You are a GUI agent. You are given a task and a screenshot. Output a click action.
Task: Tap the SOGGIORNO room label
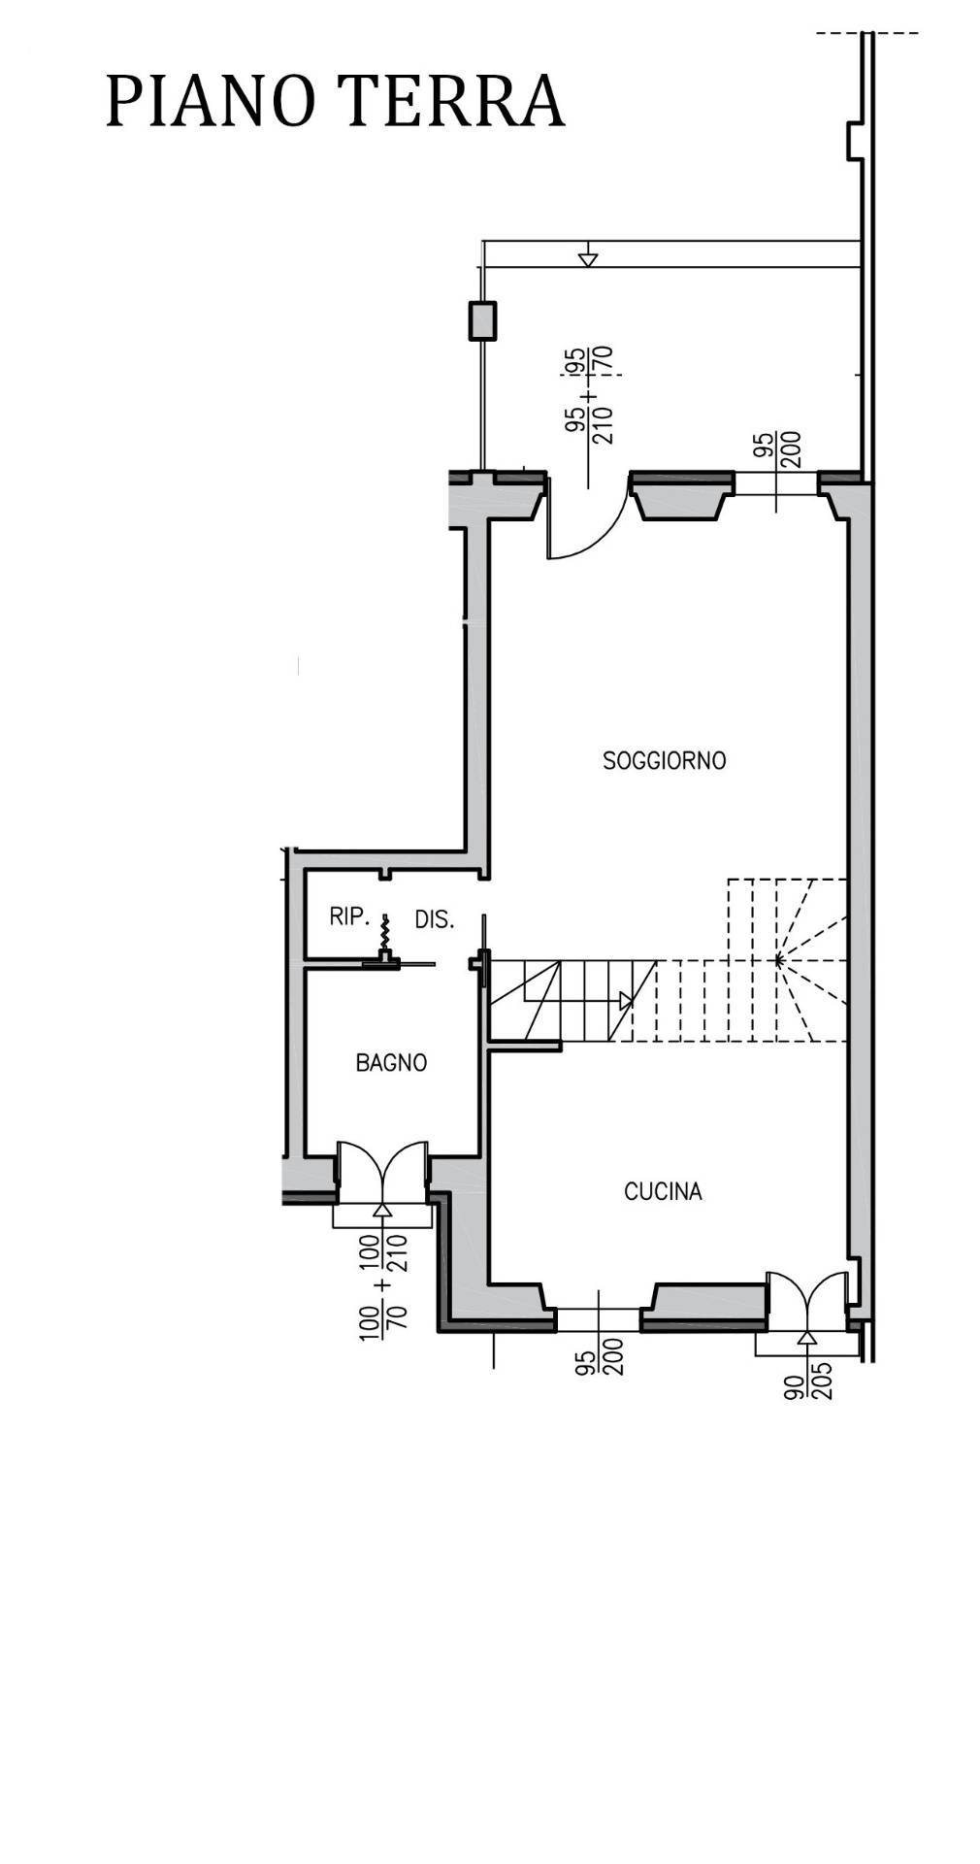pyautogui.click(x=664, y=760)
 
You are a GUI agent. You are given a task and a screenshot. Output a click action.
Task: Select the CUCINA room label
pyautogui.click(x=663, y=1191)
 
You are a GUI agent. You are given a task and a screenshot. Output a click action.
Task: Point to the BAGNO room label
pyautogui.click(x=391, y=1063)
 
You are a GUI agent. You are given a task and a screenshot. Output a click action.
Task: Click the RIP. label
pyautogui.click(x=346, y=916)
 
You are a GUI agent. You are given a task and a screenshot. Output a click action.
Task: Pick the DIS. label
pyautogui.click(x=435, y=919)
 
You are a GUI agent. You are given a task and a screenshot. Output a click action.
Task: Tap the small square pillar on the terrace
pyautogui.click(x=482, y=321)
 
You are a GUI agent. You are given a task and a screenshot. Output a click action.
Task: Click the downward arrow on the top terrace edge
pyautogui.click(x=587, y=259)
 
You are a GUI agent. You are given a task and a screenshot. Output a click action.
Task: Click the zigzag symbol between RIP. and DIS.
pyautogui.click(x=386, y=933)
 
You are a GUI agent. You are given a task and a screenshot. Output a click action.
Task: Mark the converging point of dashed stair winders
pyautogui.click(x=777, y=960)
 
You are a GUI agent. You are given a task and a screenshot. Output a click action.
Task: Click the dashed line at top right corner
pyautogui.click(x=866, y=34)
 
